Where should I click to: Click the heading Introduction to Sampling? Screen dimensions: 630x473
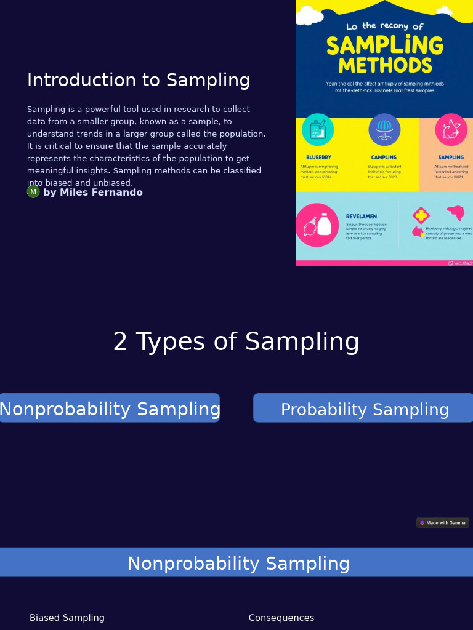point(138,81)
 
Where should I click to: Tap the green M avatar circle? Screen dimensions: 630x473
point(33,192)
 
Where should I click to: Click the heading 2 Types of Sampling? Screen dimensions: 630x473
point(236,342)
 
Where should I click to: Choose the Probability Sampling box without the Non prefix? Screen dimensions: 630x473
point(364,410)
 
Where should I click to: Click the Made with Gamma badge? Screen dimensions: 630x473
point(443,523)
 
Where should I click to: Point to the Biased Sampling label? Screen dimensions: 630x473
point(67,618)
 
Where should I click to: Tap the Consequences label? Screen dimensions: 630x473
point(281,618)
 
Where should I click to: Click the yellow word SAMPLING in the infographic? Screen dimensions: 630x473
point(384,46)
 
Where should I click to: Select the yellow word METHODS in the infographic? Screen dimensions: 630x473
point(385,66)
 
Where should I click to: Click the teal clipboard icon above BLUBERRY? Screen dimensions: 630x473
point(318,130)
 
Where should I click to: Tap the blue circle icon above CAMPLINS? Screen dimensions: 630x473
point(384,130)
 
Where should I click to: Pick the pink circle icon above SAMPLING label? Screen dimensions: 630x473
point(451,130)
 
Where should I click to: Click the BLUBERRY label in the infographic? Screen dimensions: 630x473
point(318,157)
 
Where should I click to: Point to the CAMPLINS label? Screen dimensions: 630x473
point(384,157)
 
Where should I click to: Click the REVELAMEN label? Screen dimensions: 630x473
point(362,217)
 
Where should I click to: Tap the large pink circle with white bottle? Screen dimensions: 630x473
point(317,225)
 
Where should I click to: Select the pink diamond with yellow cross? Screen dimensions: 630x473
point(421,215)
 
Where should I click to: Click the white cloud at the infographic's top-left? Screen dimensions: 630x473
point(308,15)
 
